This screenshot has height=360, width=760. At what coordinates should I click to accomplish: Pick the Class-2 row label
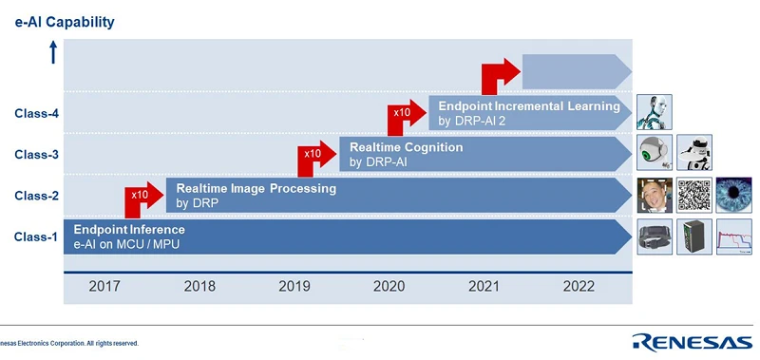tap(36, 196)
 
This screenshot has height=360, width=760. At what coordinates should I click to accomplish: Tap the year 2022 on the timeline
tap(579, 286)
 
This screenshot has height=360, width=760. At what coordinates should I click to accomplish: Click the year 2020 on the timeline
tap(389, 286)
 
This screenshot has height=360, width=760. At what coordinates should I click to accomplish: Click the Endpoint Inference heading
tap(129, 230)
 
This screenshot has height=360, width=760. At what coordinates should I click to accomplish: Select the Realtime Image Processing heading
tap(256, 188)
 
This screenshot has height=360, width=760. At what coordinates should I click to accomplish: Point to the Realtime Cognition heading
tap(406, 147)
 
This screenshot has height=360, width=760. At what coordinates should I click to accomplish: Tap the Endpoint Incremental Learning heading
tap(529, 106)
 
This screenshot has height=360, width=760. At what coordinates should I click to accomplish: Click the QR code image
tap(693, 196)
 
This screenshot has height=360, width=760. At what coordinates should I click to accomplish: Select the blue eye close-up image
tap(733, 196)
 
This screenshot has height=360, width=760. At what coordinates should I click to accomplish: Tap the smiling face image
tap(654, 196)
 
